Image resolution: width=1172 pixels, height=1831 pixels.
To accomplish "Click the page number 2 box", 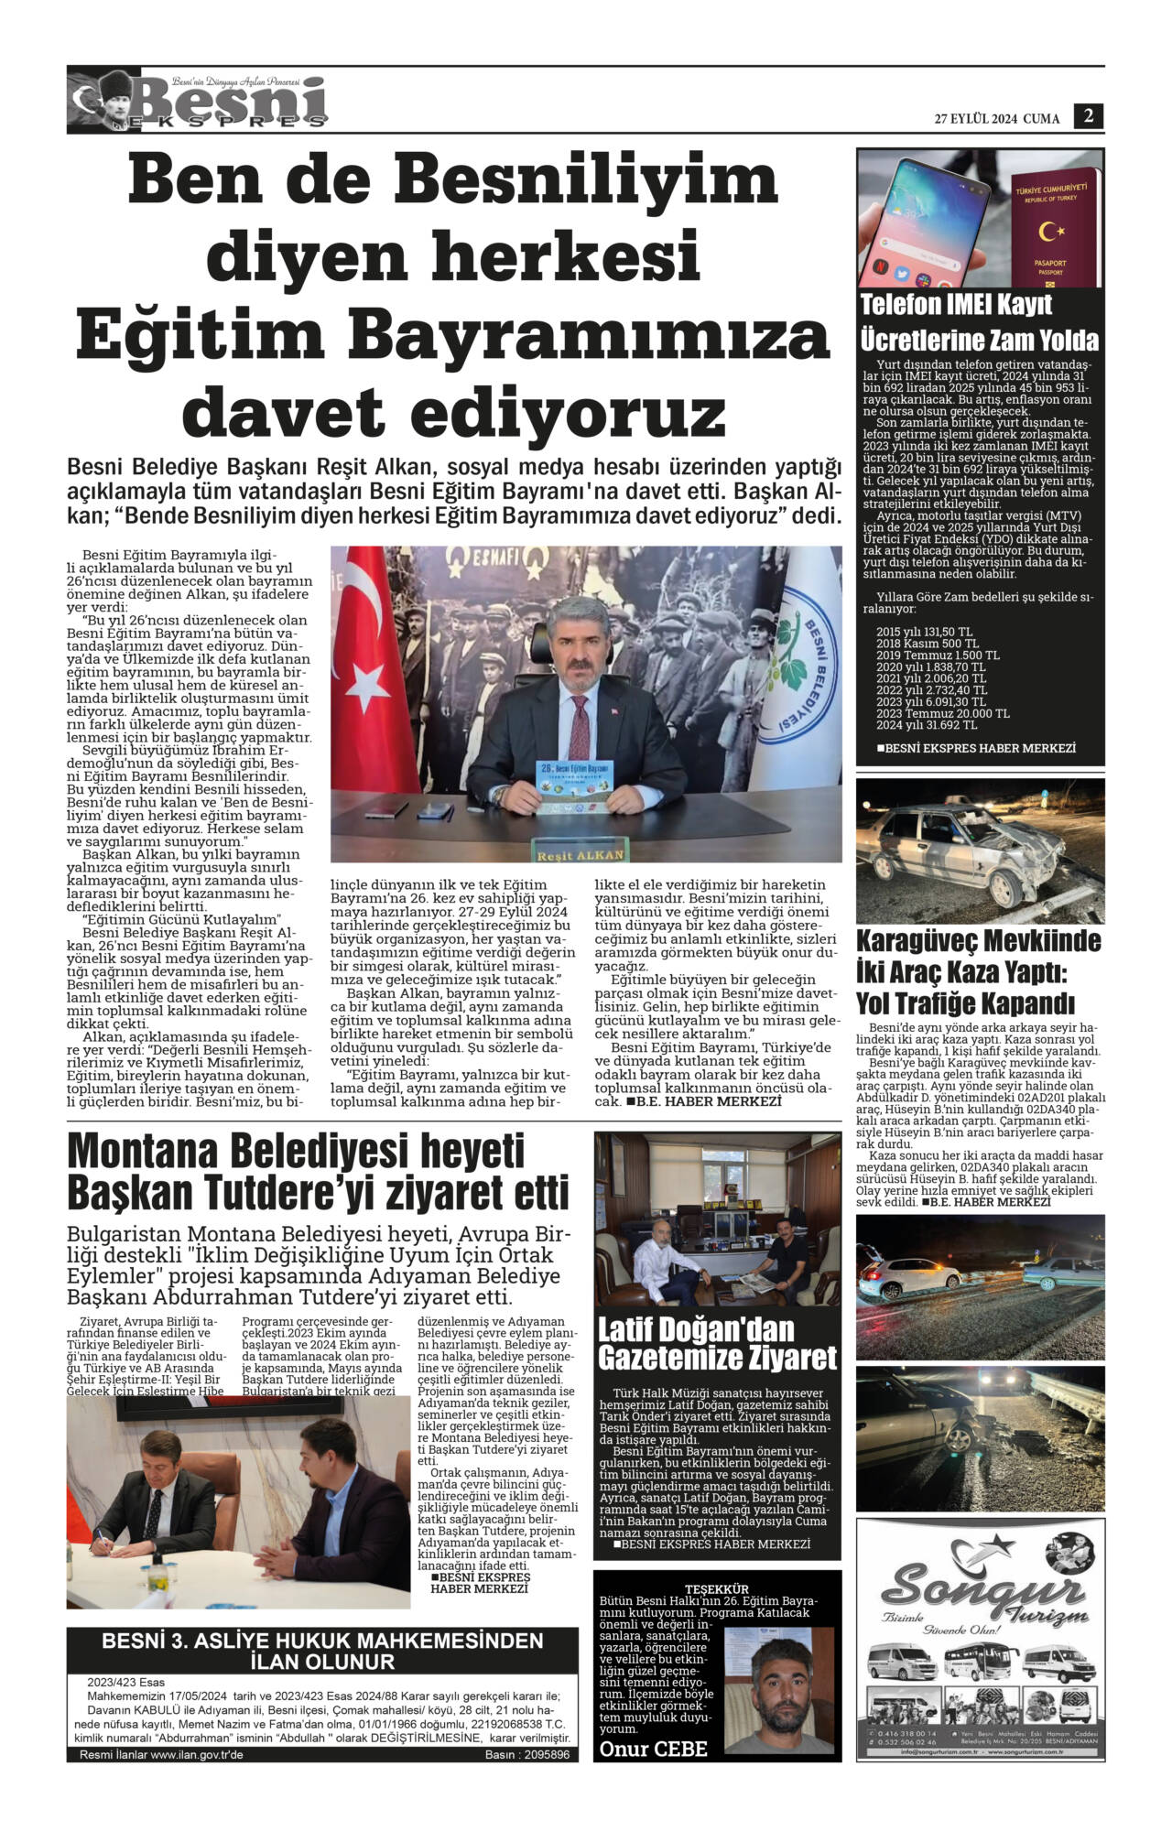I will click(x=1089, y=116).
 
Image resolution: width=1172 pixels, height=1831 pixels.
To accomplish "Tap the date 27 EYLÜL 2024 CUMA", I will click(x=996, y=119).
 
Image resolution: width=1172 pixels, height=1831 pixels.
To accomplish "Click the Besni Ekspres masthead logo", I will click(x=197, y=102).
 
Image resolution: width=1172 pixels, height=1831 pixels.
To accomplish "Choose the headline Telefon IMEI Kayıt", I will click(x=956, y=305).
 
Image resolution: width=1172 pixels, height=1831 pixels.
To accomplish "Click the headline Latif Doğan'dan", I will click(x=696, y=1329).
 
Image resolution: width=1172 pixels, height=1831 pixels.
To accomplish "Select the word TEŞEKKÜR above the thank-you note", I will click(x=717, y=1588).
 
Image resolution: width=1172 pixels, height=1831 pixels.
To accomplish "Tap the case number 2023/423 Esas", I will click(x=125, y=1682).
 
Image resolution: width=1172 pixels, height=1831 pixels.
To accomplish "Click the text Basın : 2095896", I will click(x=526, y=1755).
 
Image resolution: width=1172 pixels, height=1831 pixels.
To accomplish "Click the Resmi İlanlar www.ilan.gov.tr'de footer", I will click(x=161, y=1755).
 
